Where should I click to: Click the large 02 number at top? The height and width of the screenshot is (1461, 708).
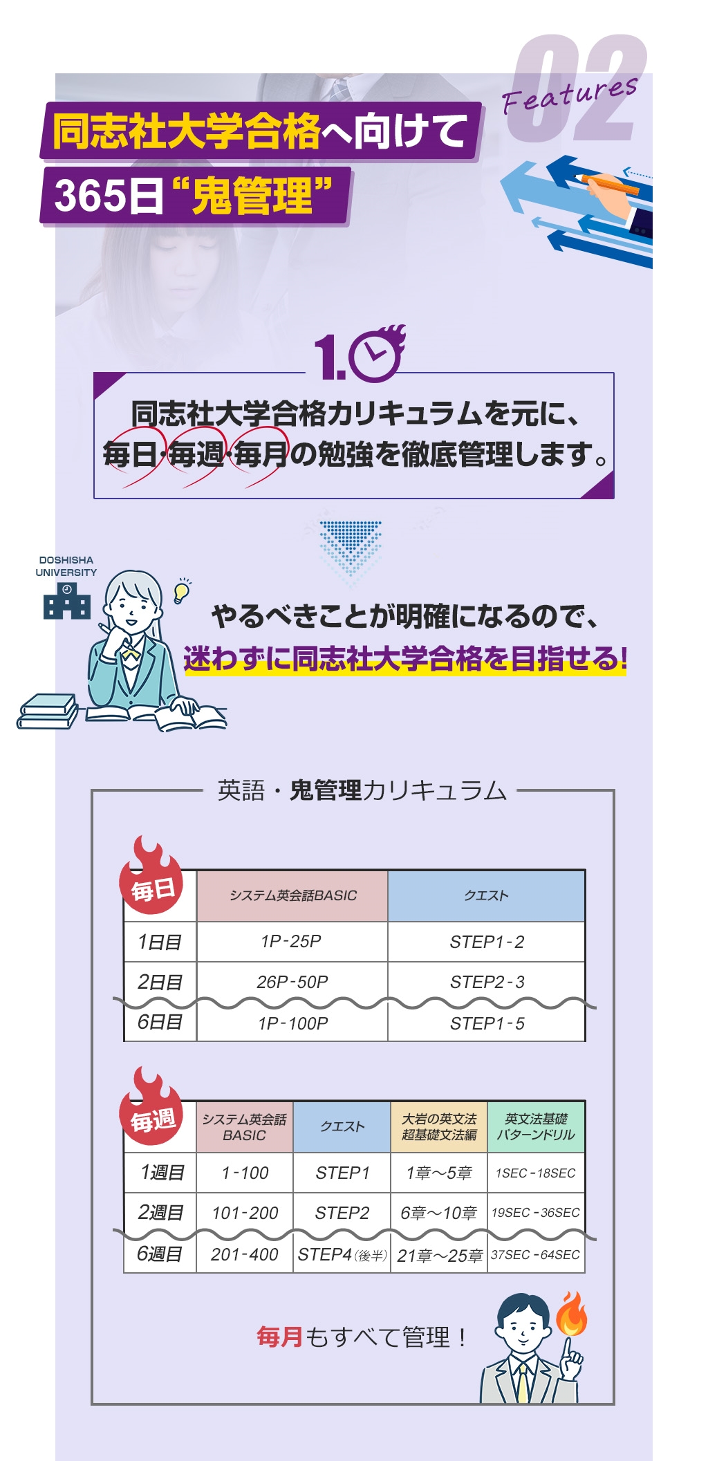pyautogui.click(x=577, y=89)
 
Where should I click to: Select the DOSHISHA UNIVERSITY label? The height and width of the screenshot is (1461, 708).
pyautogui.click(x=66, y=566)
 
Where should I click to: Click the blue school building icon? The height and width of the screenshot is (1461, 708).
pyautogui.click(x=67, y=600)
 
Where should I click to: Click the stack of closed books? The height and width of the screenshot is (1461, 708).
pyautogui.click(x=47, y=711)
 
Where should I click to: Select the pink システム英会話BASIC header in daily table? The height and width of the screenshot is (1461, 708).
pyautogui.click(x=292, y=895)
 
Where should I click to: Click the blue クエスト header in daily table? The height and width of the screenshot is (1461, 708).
pyautogui.click(x=486, y=895)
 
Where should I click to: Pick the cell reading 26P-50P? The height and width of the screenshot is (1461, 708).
pyautogui.click(x=292, y=982)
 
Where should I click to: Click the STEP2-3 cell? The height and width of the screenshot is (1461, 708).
pyautogui.click(x=487, y=982)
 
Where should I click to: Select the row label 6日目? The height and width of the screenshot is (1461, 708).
pyautogui.click(x=160, y=1022)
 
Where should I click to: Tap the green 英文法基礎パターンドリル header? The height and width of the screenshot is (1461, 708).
pyautogui.click(x=536, y=1126)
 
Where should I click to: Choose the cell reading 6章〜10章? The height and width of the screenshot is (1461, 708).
pyautogui.click(x=439, y=1213)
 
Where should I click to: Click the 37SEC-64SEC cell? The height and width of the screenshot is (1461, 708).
pyautogui.click(x=536, y=1254)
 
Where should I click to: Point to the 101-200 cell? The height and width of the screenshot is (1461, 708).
pyautogui.click(x=245, y=1213)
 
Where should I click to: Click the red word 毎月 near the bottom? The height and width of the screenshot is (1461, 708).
pyautogui.click(x=280, y=1337)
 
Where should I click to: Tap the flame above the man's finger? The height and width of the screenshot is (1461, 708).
pyautogui.click(x=572, y=1313)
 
